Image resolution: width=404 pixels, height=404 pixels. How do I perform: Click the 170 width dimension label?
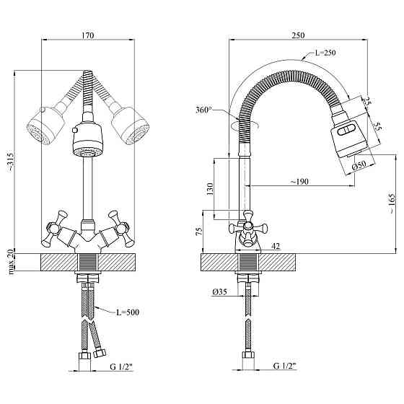coord(88,35)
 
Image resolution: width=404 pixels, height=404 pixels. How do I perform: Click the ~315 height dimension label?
coord(11,162)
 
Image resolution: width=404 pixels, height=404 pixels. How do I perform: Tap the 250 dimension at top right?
coord(298,35)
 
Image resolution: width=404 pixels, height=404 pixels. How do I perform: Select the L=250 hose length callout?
coord(325,53)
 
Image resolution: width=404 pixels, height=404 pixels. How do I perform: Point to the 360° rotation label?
coord(203,110)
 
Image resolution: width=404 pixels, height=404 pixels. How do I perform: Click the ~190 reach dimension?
coord(299,182)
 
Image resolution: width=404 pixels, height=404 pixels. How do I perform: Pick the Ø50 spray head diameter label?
coord(359,165)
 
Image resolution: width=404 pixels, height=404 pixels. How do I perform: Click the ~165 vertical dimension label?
coord(392,203)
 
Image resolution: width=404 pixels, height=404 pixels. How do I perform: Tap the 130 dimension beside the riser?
coord(210,189)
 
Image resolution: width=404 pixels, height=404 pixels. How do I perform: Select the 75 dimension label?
coord(200,232)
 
